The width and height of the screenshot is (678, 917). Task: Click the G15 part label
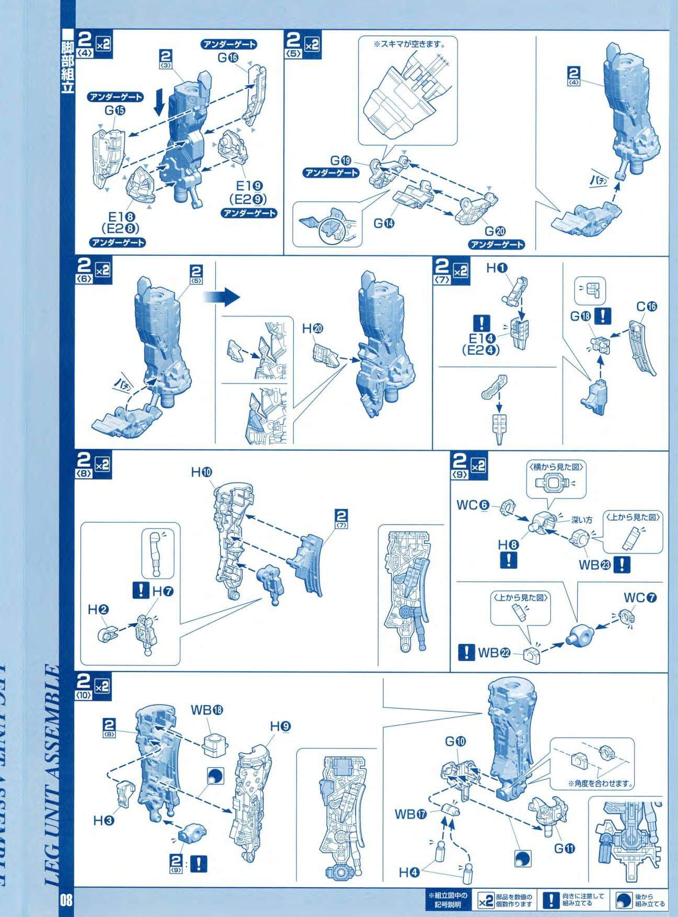pyautogui.click(x=116, y=110)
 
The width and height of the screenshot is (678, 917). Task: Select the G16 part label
pyautogui.click(x=228, y=58)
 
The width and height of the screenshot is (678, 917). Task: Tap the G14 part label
pyautogui.click(x=385, y=223)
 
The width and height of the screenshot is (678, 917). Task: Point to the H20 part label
pyautogui.click(x=313, y=329)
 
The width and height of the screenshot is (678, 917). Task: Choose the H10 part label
pyautogui.click(x=202, y=472)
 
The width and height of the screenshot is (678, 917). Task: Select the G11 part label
pyautogui.click(x=565, y=848)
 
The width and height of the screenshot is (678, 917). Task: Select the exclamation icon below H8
pyautogui.click(x=508, y=560)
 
